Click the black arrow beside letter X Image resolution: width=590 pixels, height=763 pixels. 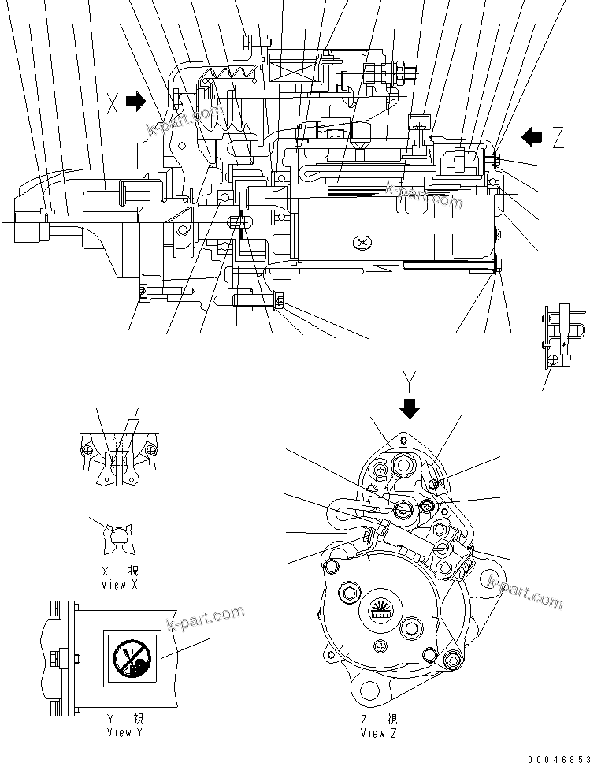[x=135, y=100]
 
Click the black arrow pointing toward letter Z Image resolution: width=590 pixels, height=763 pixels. [x=532, y=137]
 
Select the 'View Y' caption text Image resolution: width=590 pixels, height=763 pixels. [x=125, y=732]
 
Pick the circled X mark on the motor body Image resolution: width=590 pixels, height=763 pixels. [x=362, y=241]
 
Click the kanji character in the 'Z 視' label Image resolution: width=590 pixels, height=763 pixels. [x=392, y=719]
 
